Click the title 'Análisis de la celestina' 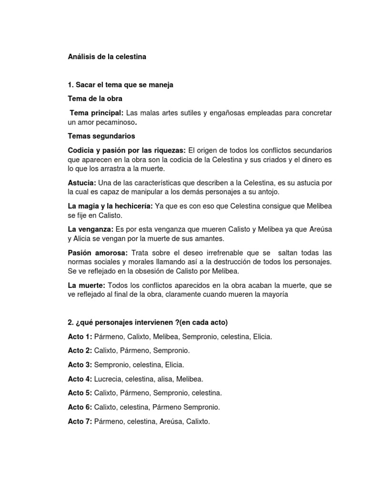click(107, 57)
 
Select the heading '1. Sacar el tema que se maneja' click(121, 85)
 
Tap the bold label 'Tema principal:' click(97, 113)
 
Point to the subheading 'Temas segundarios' click(102, 136)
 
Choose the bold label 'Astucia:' click(82, 183)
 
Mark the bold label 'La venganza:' click(91, 229)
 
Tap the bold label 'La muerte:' click(87, 285)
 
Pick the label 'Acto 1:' click(80, 337)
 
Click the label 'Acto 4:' click(80, 379)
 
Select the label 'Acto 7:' click(80, 421)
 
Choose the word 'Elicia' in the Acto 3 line click(173, 365)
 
